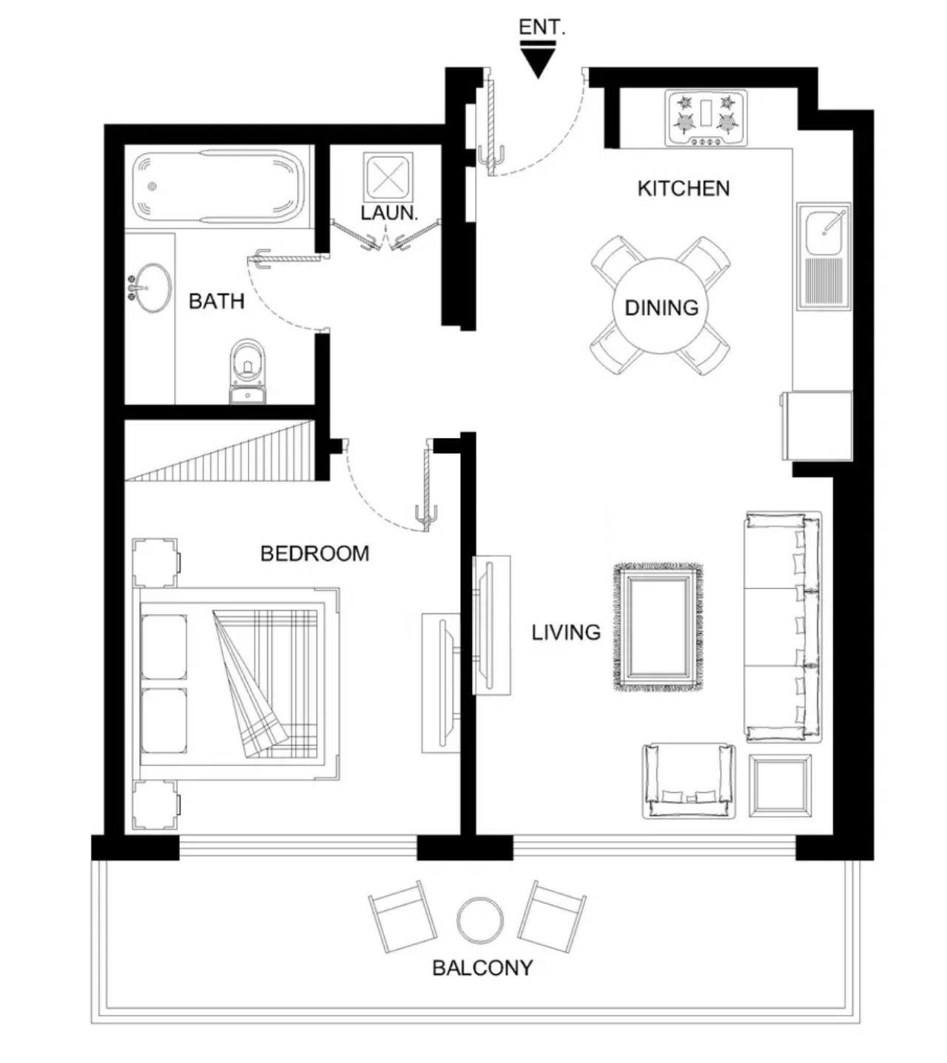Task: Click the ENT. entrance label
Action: point(542,27)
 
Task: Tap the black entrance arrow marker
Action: point(538,61)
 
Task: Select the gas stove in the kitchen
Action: point(706,118)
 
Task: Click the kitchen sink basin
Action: point(823,232)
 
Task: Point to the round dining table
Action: point(661,306)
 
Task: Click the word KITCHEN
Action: point(684,189)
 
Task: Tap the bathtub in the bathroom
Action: point(218,186)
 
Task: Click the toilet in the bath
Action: point(247,371)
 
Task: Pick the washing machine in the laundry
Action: point(388,177)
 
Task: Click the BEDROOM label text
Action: point(314,553)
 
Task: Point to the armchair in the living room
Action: point(688,780)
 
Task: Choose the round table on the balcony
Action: point(480,919)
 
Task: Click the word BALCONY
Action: point(482,968)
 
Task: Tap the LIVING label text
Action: point(566,632)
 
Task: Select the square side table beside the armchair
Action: point(780,786)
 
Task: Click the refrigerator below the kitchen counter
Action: point(816,425)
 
